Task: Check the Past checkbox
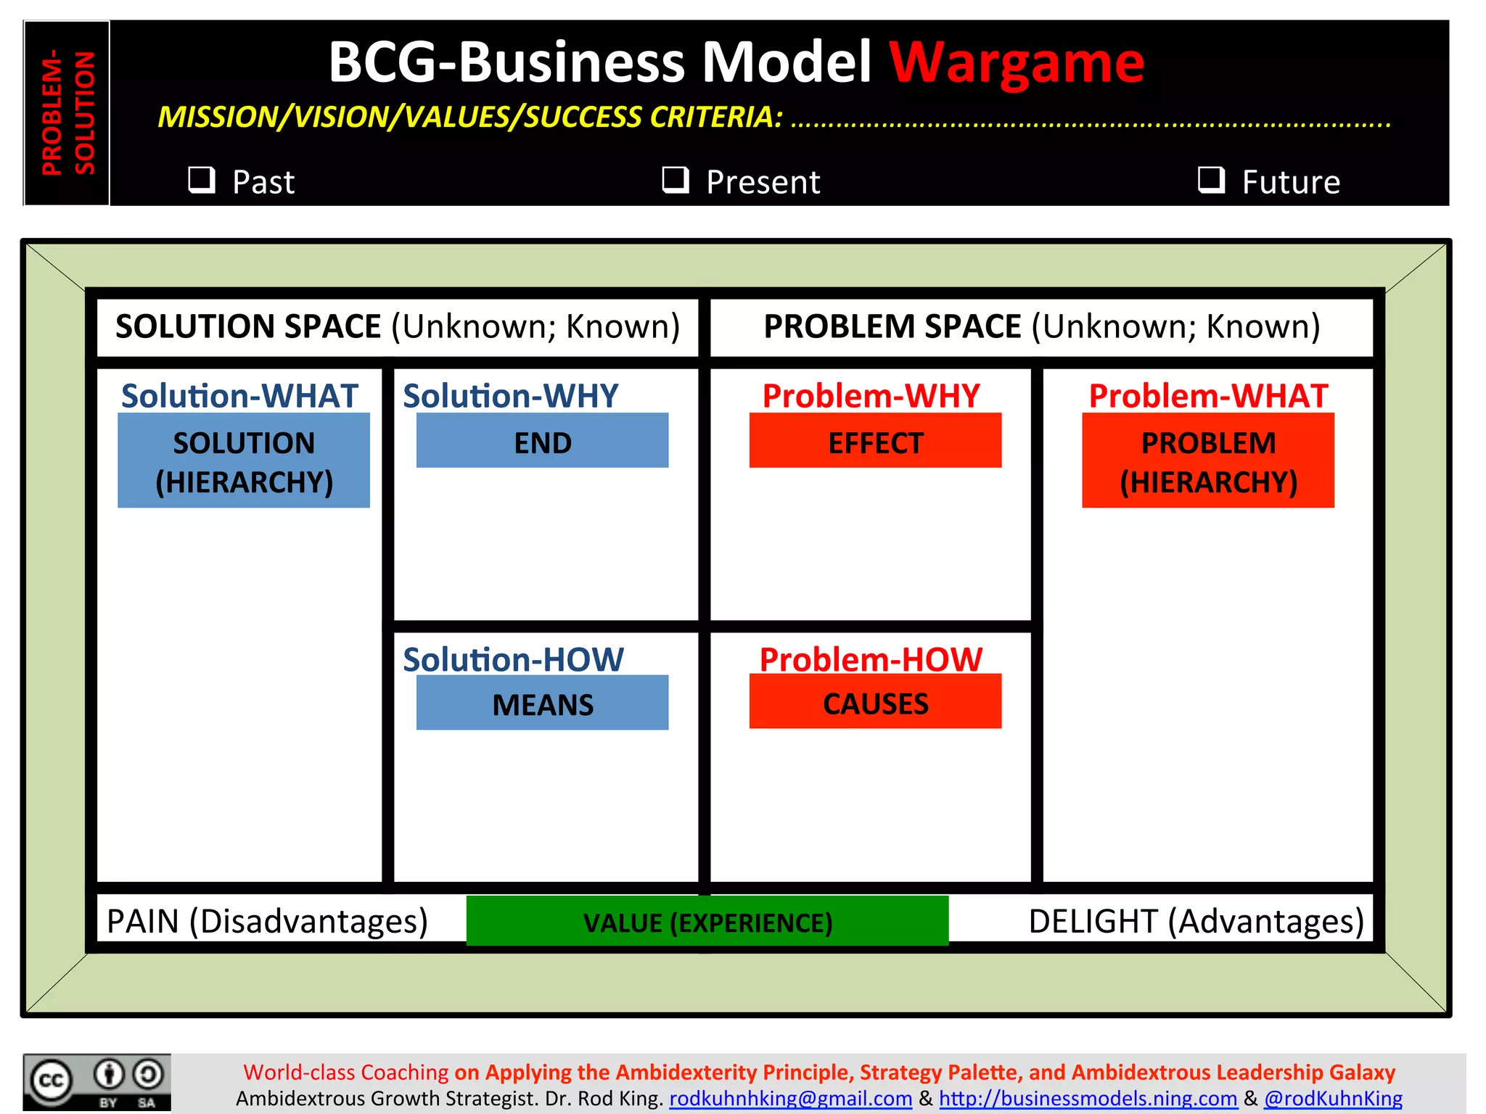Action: (x=202, y=179)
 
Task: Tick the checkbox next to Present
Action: (x=676, y=179)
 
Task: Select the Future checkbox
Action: (x=1211, y=179)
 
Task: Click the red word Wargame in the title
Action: (x=1017, y=62)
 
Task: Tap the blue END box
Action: (x=542, y=441)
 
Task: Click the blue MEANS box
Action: (x=542, y=703)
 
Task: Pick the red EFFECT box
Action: (x=875, y=441)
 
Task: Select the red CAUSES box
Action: (x=875, y=702)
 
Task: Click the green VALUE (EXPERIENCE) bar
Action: (x=707, y=921)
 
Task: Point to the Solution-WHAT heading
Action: (x=239, y=396)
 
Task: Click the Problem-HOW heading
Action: (x=871, y=659)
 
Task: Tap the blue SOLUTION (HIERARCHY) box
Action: (x=244, y=461)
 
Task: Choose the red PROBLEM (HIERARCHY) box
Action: (x=1208, y=461)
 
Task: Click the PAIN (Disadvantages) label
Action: (x=267, y=921)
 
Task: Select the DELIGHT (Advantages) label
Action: (x=1196, y=921)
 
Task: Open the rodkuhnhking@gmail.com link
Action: (x=790, y=1098)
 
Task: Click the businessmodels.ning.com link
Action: (x=1088, y=1098)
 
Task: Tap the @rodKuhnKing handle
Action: (x=1333, y=1098)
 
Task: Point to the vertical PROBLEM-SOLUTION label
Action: (x=67, y=112)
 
